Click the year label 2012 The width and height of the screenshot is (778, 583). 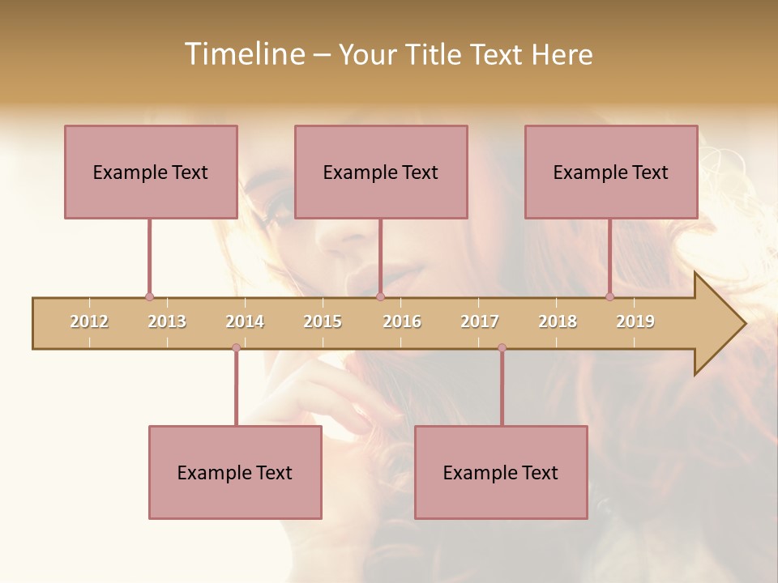(89, 321)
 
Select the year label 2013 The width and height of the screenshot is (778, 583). (167, 321)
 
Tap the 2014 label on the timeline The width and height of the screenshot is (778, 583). (245, 321)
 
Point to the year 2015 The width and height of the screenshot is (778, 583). (323, 321)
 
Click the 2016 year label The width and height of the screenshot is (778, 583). (402, 321)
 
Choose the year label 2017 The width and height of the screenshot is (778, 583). (480, 321)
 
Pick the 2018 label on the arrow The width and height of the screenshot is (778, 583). (558, 321)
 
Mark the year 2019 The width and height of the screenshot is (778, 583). (635, 321)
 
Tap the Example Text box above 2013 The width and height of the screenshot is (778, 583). (151, 172)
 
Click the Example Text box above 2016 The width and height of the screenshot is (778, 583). (381, 172)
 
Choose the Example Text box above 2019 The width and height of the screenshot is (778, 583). (611, 172)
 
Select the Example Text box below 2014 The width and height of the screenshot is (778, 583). (235, 472)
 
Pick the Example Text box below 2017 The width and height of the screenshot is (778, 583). (501, 472)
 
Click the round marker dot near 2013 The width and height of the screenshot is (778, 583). (149, 297)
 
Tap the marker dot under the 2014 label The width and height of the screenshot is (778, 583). (236, 347)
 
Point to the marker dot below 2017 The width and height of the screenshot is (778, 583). (502, 347)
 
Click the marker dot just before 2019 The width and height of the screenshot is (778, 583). (609, 297)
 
